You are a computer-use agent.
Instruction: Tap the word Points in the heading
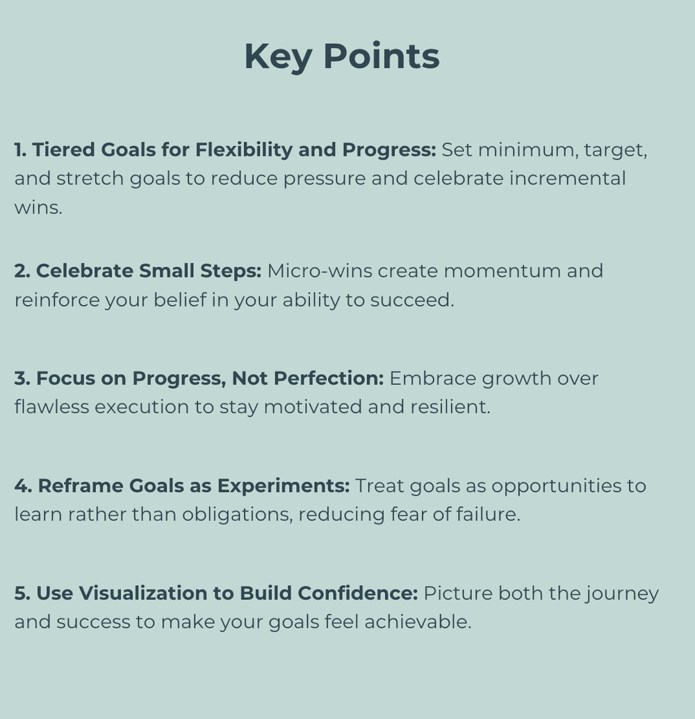click(382, 57)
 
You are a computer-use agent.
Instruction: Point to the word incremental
click(567, 178)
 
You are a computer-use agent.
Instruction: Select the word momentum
click(501, 270)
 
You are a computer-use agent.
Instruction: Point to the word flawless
click(51, 407)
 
